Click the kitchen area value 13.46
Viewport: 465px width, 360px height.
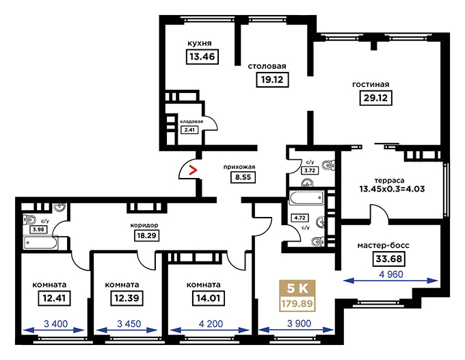pyautogui.click(x=202, y=56)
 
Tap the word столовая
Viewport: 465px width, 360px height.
pyautogui.click(x=267, y=66)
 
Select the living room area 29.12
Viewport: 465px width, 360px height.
pyautogui.click(x=375, y=98)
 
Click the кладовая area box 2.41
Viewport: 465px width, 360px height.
pyautogui.click(x=189, y=129)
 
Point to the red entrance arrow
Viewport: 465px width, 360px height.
pyautogui.click(x=193, y=170)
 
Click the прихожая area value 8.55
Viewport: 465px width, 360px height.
pyautogui.click(x=243, y=177)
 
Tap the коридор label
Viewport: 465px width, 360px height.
pyautogui.click(x=144, y=225)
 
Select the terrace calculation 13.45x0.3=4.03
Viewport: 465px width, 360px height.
pyautogui.click(x=392, y=189)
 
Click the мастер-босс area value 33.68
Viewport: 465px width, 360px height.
pyautogui.click(x=389, y=259)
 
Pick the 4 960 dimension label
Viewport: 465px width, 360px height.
pyautogui.click(x=391, y=274)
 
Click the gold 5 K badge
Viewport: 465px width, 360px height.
pyautogui.click(x=297, y=288)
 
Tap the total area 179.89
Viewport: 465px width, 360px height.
pyautogui.click(x=297, y=304)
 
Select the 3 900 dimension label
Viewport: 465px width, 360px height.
pyautogui.click(x=300, y=324)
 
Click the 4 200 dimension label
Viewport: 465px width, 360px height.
pyautogui.click(x=211, y=324)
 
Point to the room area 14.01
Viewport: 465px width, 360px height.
pyautogui.click(x=209, y=298)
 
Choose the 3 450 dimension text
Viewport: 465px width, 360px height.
pyautogui.click(x=129, y=324)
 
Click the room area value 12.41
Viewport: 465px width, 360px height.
pyautogui.click(x=54, y=298)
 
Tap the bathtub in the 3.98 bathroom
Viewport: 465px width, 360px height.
pyautogui.click(x=40, y=243)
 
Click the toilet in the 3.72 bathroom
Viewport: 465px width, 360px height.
pyautogui.click(x=329, y=165)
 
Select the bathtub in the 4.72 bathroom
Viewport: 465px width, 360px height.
pyautogui.click(x=306, y=198)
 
